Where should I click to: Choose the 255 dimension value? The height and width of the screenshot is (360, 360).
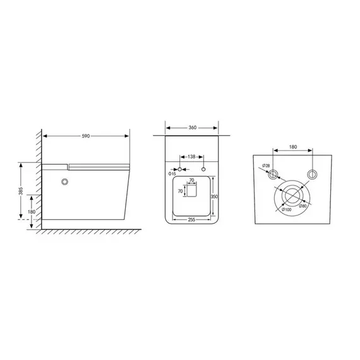pyautogui.click(x=191, y=219)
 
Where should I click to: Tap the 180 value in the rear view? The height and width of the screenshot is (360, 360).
pyautogui.click(x=292, y=147)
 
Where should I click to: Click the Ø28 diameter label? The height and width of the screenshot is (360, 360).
pyautogui.click(x=266, y=166)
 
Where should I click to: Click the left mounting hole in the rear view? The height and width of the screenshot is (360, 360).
pyautogui.click(x=273, y=174)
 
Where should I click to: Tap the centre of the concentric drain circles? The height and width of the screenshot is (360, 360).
pyautogui.click(x=292, y=196)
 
